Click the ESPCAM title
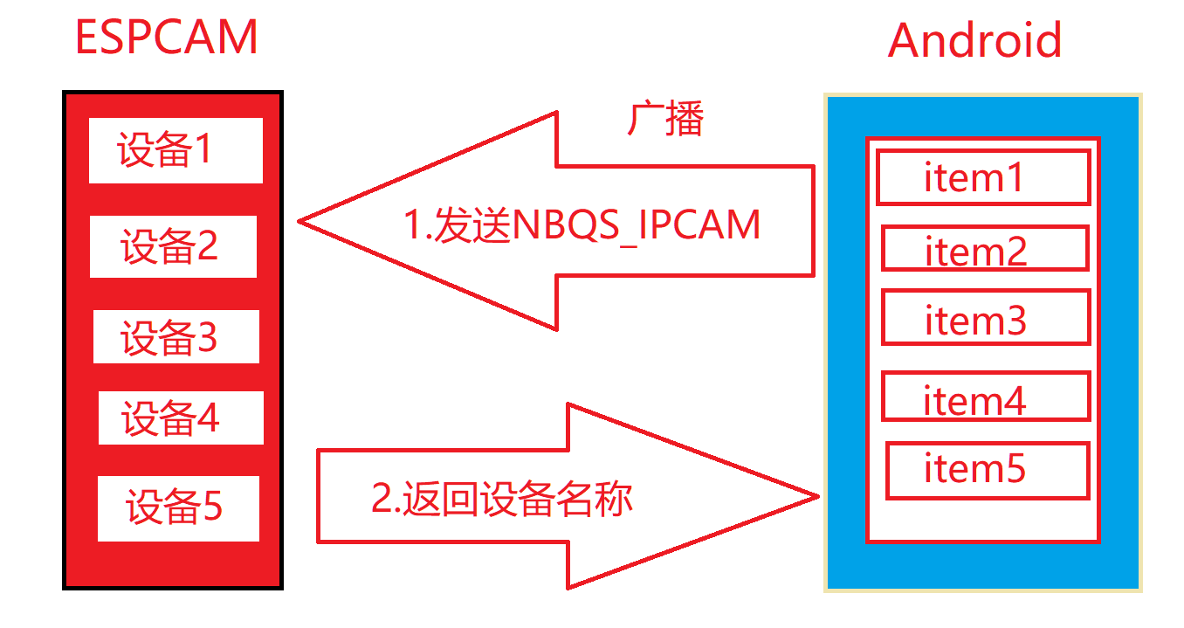166,38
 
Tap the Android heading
974,40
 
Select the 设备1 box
176,150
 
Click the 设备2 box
173,246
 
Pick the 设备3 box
176,337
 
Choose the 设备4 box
181,418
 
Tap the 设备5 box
178,507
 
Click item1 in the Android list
983,177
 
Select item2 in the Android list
985,249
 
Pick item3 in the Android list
986,317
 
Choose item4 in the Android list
986,397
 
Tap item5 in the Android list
988,470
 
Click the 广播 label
665,119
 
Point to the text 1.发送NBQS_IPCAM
582,224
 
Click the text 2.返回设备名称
502,499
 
